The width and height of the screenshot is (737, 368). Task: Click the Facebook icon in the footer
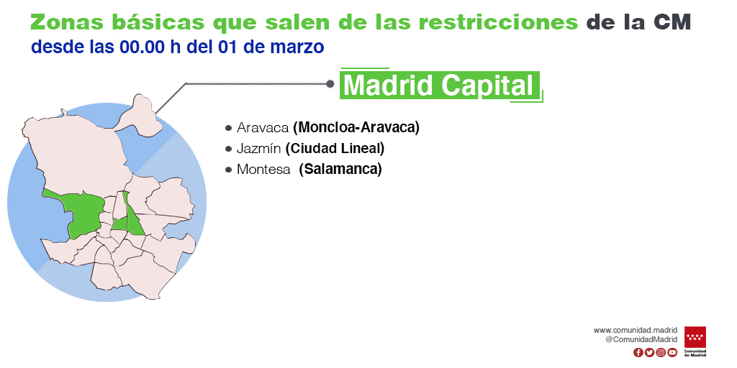point(638,352)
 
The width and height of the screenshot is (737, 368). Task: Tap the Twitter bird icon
point(649,352)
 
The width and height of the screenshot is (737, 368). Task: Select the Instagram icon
point(661,352)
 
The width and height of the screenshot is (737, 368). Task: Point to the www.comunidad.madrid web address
point(636,331)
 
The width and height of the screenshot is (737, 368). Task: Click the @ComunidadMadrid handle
point(641,339)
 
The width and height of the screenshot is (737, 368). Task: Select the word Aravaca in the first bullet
point(262,127)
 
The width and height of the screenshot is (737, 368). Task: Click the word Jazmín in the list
point(259,149)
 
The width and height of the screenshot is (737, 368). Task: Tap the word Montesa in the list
point(263,170)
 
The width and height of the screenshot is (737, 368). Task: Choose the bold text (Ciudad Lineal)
point(335,149)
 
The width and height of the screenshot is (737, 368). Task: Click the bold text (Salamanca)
point(340,170)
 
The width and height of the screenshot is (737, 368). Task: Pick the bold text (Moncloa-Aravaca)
point(356,127)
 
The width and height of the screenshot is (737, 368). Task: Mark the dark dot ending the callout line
point(330,84)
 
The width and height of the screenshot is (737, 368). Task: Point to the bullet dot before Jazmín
point(228,149)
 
